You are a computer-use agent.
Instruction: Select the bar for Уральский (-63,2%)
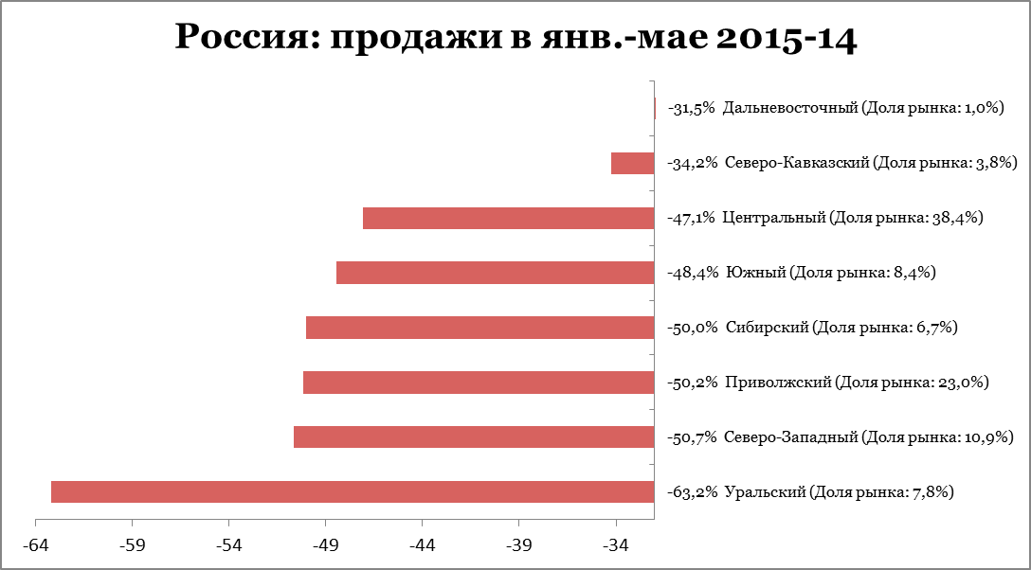[x=353, y=492]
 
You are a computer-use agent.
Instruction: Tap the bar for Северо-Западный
[x=474, y=437]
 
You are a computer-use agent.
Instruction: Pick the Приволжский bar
[x=479, y=383]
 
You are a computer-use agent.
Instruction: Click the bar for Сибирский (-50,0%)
[x=479, y=328]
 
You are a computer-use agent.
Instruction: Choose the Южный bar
[x=495, y=273]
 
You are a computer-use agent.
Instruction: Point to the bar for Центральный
[x=508, y=218]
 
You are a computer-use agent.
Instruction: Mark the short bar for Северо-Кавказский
[x=632, y=163]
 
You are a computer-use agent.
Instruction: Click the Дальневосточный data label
[x=835, y=109]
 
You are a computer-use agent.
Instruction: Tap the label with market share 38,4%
[x=824, y=218]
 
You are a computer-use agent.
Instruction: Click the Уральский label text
[x=810, y=492]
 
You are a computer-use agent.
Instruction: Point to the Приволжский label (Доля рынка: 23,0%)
[x=828, y=383]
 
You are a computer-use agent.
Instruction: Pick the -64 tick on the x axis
[x=35, y=546]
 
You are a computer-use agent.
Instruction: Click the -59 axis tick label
[x=132, y=546]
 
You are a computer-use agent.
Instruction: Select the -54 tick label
[x=228, y=546]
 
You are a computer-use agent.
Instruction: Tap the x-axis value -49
[x=325, y=546]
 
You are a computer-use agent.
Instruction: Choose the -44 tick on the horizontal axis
[x=422, y=546]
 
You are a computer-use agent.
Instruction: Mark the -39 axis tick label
[x=518, y=546]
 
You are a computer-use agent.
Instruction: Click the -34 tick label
[x=615, y=546]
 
